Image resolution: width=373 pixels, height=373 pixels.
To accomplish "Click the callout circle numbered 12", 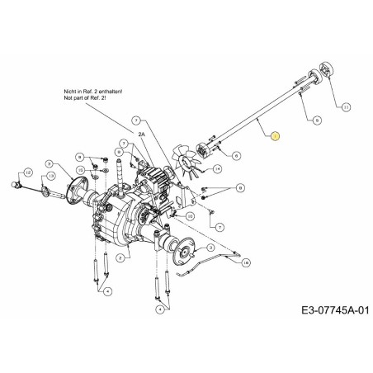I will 28,172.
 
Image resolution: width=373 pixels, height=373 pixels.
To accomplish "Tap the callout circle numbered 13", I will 51,176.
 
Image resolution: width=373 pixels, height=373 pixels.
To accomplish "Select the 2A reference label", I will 141,134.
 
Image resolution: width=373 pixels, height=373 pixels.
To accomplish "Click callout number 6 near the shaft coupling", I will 237,154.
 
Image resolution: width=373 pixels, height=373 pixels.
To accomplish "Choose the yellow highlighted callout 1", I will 276,135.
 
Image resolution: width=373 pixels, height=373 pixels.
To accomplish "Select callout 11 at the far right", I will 345,106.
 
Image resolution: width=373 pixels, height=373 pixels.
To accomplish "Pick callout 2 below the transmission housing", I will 120,258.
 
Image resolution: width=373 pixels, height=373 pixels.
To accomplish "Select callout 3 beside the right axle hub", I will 212,247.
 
